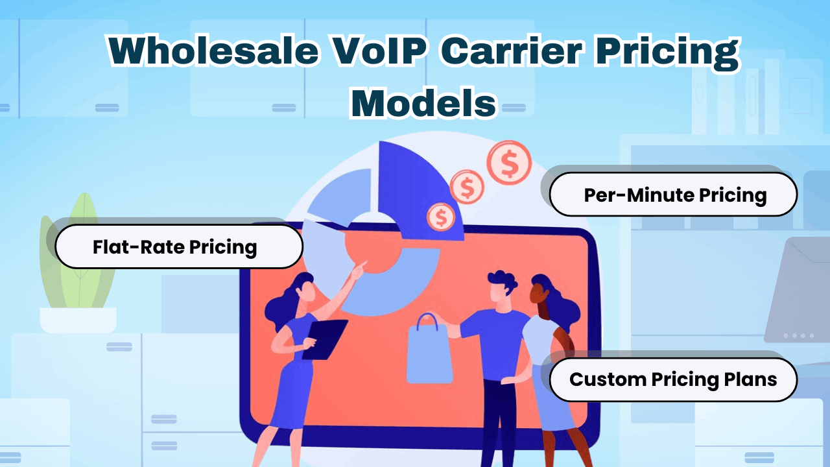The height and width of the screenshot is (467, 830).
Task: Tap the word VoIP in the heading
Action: [x=368, y=51]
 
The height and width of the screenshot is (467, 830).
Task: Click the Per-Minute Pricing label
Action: [x=674, y=195]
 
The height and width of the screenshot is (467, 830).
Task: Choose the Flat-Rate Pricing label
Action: [x=175, y=246]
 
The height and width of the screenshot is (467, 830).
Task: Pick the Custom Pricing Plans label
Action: [x=673, y=379]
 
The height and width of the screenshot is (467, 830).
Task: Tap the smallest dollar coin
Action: [x=442, y=217]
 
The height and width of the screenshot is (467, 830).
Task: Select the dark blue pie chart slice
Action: [x=415, y=188]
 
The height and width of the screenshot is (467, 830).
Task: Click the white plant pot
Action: [x=78, y=320]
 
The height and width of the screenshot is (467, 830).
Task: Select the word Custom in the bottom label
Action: [x=608, y=379]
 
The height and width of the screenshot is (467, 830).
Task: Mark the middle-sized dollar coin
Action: [x=466, y=188]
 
